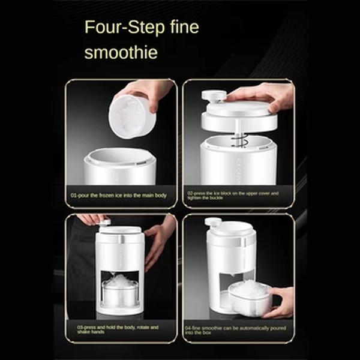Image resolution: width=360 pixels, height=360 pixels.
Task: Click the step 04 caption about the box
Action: pyautogui.click(x=238, y=330)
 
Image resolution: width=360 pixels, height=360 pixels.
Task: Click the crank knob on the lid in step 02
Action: pyautogui.click(x=214, y=96)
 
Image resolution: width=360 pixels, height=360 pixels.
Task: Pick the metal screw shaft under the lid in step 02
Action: pyautogui.click(x=238, y=139)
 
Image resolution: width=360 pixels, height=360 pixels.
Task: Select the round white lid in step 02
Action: pyautogui.click(x=240, y=117)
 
